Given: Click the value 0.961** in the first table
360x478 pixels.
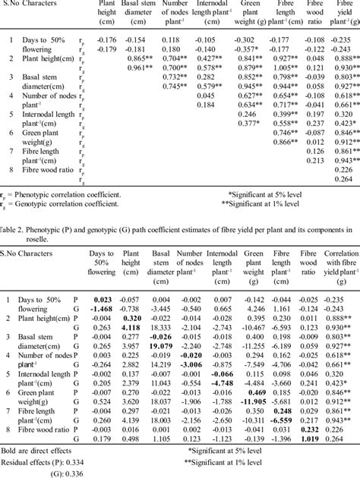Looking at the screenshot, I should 141,68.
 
